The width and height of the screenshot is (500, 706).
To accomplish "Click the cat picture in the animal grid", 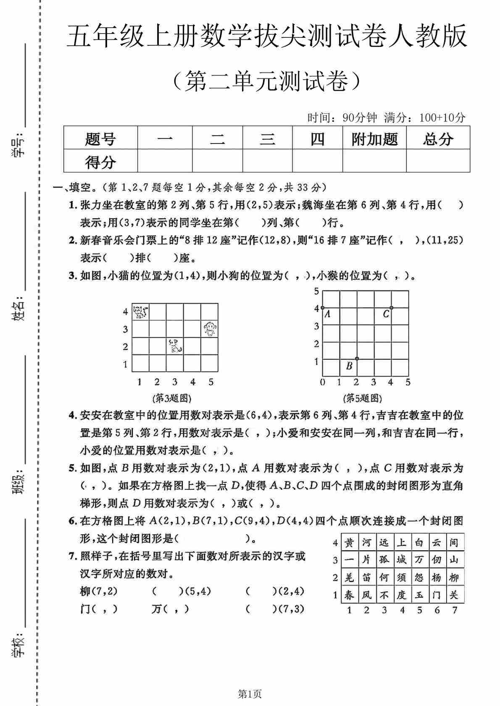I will pos(140,312).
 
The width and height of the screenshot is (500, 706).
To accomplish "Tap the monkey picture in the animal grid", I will pos(209,329).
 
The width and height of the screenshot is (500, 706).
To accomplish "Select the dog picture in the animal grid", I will pos(175,346).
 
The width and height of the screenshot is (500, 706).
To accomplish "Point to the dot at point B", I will pos(357,358).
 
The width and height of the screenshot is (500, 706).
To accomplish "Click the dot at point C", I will pos(391,308).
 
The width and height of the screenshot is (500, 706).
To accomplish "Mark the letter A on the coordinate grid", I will pos(328,314).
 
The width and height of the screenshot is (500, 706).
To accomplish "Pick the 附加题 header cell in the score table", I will pos(374,139).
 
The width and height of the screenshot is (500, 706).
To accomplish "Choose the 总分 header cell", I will pos(438,139).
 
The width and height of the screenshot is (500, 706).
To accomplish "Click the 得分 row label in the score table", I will pos(100,162).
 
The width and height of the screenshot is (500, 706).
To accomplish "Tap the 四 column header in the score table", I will pos(317,139).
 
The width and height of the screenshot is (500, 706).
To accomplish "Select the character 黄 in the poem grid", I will pos(349,543).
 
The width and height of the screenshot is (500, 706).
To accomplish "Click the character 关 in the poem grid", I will pos(454,595).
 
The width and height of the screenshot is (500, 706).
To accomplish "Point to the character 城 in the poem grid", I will pos(402,560).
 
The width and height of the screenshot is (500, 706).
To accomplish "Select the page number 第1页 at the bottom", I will pos(250,694).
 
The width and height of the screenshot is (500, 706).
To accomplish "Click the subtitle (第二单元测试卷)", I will pos(267,81).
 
